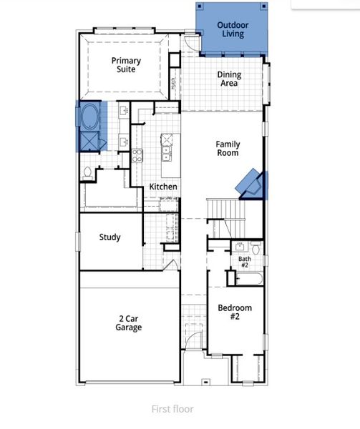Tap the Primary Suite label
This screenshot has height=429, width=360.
coord(126,66)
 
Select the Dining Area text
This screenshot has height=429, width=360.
coord(229,79)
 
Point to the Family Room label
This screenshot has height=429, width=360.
coord(228,148)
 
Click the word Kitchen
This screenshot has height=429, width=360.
coord(163,187)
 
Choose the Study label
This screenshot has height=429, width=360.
coord(110,237)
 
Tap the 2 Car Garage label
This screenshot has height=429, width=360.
coord(129,323)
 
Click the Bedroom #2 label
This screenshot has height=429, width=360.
coord(235,312)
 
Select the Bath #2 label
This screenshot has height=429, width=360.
coord(245,262)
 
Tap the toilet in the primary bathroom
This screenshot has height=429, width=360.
coord(87,172)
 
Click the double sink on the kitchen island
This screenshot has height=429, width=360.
coord(167,151)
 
